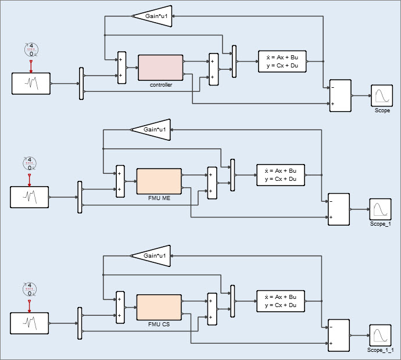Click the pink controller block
(x=160, y=67)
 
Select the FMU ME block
(x=159, y=181)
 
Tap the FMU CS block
(x=159, y=307)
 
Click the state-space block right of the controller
(x=282, y=61)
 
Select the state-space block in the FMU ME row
(x=281, y=174)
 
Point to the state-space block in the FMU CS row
(x=281, y=301)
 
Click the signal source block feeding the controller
(x=31, y=84)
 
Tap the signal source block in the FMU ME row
(x=29, y=197)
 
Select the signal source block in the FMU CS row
(x=29, y=323)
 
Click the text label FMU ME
(x=159, y=198)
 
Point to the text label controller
(x=160, y=85)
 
